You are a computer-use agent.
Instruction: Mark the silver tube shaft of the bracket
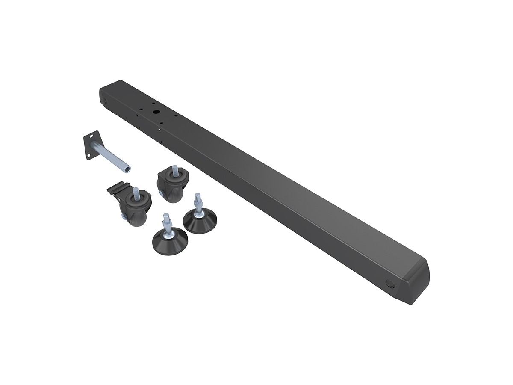(x=111, y=159)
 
